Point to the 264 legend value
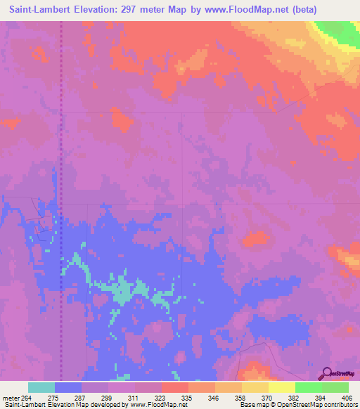click(x=27, y=397)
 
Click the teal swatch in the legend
click(x=41, y=387)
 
